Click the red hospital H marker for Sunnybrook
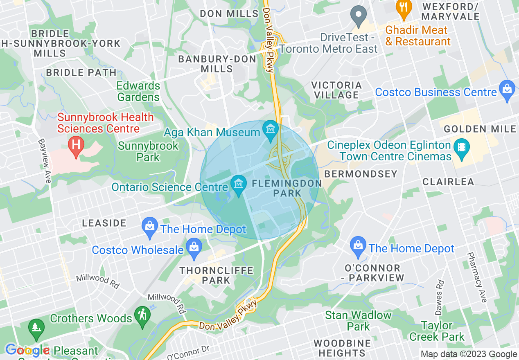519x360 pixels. pos(76,146)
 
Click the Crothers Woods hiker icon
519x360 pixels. pos(142,316)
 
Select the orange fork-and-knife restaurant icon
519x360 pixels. pos(404,9)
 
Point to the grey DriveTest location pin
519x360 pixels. pos(359,15)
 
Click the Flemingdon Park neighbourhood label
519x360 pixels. pos(287,188)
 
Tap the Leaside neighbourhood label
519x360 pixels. pos(104,223)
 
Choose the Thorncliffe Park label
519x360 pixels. pos(216,275)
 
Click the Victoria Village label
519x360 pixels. pos(336,90)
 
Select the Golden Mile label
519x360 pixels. pos(480,129)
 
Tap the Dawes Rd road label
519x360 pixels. pos(439,297)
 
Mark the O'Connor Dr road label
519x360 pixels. pos(189,353)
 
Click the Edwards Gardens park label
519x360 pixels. pos(138,91)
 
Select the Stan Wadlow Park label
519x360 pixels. pos(358,321)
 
